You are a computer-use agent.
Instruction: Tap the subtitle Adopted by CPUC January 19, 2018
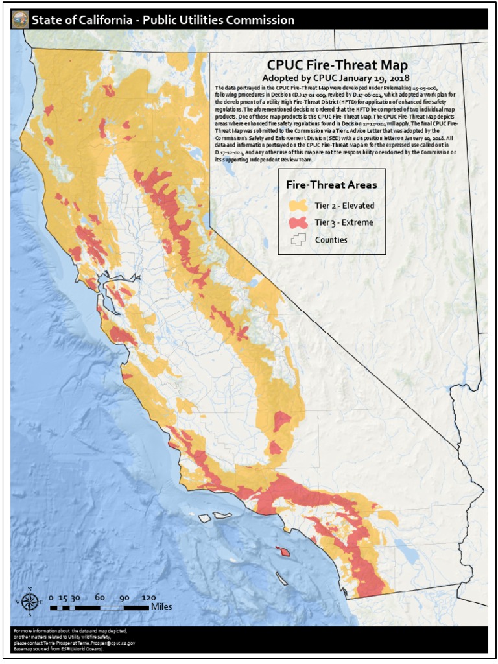(337, 77)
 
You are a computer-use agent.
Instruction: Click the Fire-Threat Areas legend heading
(331, 185)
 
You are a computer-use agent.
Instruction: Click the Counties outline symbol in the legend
(298, 239)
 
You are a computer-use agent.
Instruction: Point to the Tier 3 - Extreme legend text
(344, 222)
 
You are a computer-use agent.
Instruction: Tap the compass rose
(30, 602)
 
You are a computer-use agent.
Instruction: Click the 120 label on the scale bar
(148, 597)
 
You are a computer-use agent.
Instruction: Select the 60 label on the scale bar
(100, 597)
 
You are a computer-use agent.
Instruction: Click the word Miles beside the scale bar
(161, 607)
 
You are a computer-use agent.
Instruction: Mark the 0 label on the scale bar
(51, 597)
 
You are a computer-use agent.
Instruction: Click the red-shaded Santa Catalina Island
(283, 551)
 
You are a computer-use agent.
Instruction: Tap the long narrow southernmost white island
(281, 578)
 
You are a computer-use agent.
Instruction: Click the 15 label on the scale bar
(63, 597)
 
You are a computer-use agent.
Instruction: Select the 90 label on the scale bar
(124, 597)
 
